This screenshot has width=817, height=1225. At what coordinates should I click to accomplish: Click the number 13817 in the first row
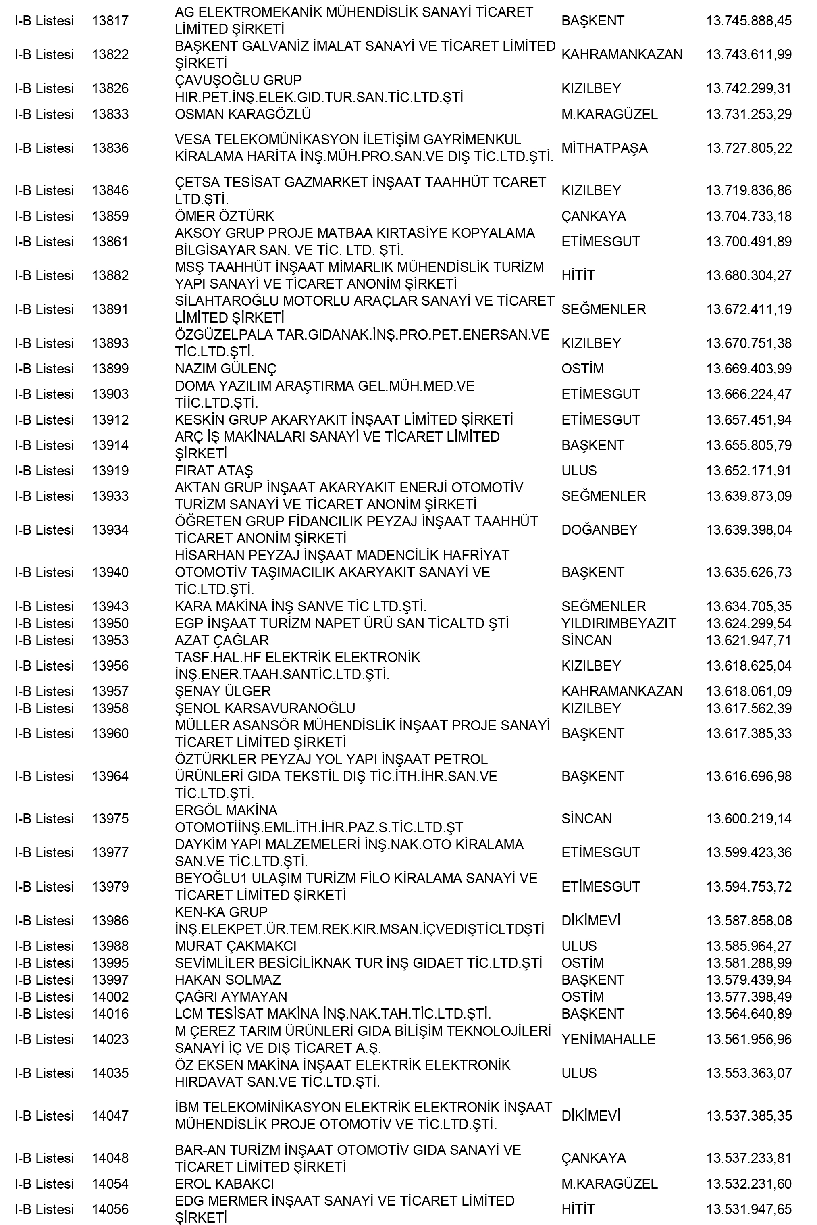110,21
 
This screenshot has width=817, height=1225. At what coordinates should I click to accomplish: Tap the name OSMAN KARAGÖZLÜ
243,114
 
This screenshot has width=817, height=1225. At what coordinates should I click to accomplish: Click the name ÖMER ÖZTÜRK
224,216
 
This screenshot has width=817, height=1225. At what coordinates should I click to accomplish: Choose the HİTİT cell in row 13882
578,276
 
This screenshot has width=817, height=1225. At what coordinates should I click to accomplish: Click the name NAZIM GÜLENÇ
225,369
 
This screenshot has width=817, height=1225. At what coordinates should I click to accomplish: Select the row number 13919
110,471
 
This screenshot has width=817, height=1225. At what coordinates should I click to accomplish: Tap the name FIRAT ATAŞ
214,471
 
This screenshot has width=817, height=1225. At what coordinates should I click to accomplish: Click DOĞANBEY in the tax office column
599,530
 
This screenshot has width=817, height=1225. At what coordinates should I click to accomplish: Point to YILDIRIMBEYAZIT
618,623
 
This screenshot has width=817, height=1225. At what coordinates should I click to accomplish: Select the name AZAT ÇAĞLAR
221,641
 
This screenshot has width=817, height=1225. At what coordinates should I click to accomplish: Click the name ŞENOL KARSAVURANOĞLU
265,708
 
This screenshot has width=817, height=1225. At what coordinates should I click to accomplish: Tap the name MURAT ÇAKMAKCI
235,946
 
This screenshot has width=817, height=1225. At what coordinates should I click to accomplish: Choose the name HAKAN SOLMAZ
228,980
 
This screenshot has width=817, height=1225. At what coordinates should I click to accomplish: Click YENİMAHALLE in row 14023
608,1040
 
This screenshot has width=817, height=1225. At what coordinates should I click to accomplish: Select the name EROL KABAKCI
224,1184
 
